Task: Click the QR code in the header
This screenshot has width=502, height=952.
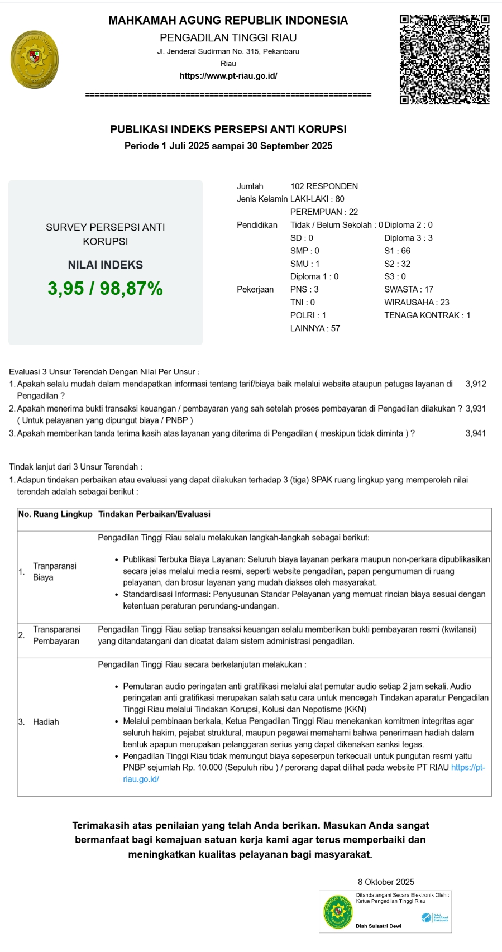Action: click(x=444, y=60)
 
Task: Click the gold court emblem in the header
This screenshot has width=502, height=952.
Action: click(x=34, y=60)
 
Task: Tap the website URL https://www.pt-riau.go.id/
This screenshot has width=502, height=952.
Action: click(x=228, y=76)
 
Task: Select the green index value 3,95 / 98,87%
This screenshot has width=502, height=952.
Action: click(x=105, y=289)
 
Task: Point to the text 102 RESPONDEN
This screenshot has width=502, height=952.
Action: click(x=324, y=186)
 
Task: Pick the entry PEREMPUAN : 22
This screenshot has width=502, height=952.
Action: click(x=324, y=212)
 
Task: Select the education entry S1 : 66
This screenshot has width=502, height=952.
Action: click(x=397, y=251)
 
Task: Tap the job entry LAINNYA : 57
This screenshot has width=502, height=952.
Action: click(x=315, y=328)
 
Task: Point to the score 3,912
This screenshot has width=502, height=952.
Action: click(x=476, y=384)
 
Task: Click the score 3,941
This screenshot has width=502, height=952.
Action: click(x=476, y=433)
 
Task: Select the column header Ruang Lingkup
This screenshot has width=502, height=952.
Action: click(x=63, y=514)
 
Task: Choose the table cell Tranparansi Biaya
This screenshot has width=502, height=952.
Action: click(x=55, y=572)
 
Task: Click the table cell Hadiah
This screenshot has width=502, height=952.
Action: click(x=46, y=722)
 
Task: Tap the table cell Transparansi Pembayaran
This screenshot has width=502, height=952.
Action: click(x=56, y=635)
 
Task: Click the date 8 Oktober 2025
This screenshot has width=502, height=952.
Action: click(x=386, y=882)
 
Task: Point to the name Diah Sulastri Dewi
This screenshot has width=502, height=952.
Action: click(x=379, y=926)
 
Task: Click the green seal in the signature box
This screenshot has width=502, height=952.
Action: click(x=338, y=912)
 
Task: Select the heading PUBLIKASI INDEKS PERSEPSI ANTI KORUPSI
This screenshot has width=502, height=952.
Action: click(x=228, y=130)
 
